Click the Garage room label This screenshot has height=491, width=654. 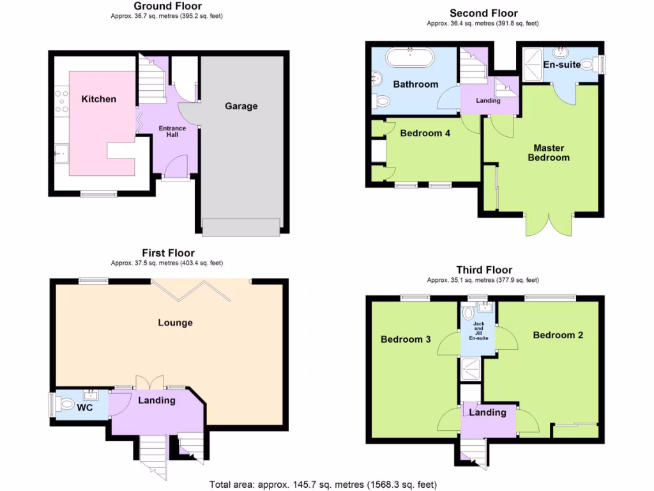coord(241,106)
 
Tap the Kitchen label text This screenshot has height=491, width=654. coord(99,99)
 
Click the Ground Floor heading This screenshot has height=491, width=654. coord(167,6)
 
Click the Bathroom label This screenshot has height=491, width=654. coord(415,84)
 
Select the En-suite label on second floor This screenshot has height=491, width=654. coord(561,65)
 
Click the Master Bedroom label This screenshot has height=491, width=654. coord(548,153)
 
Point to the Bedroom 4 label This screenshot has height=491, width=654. coord(421,134)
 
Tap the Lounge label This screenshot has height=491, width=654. coord(175,323)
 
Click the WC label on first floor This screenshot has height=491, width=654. coord(86,407)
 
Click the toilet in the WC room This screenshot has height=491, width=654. coord(65,404)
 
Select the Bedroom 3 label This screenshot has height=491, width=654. coord(406,339)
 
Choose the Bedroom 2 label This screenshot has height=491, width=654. coord(558,335)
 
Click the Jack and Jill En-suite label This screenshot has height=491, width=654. coord(478,331)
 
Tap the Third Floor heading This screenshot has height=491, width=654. coord(483,270)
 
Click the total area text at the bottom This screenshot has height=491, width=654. coord(323,485)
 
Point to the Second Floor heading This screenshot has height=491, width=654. coord(483,13)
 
